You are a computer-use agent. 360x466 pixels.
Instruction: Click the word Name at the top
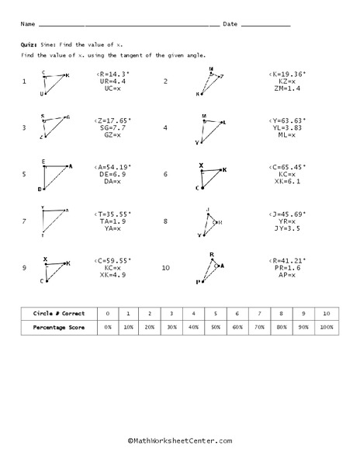coord(28,24)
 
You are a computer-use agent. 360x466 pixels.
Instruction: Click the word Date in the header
coord(230,24)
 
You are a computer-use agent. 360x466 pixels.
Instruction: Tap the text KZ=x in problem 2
coord(286,81)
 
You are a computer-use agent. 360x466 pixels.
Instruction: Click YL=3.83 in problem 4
coord(286,127)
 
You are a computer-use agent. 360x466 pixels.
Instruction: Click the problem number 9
coord(24,268)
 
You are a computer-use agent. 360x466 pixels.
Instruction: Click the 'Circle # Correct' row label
coord(55,314)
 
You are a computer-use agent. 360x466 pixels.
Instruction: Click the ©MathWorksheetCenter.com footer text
coord(180,441)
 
